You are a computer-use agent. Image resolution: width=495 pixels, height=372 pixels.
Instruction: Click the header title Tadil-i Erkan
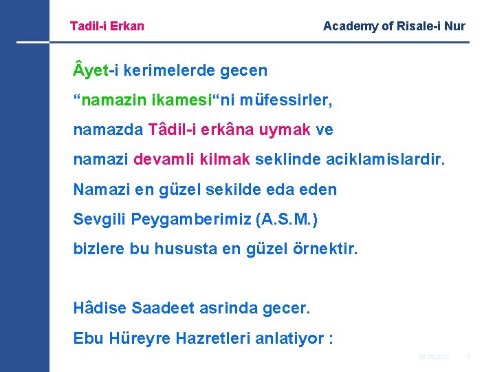point(107,26)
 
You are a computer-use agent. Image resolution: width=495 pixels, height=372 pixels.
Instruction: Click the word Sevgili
point(99,220)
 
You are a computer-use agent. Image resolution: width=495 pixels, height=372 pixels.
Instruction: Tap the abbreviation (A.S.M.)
point(287,220)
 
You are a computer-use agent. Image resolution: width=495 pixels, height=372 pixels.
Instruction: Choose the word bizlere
point(99,249)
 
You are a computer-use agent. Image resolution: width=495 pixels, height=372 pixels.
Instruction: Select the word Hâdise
point(98,309)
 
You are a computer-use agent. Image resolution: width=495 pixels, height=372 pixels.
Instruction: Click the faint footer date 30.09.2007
point(434,357)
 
